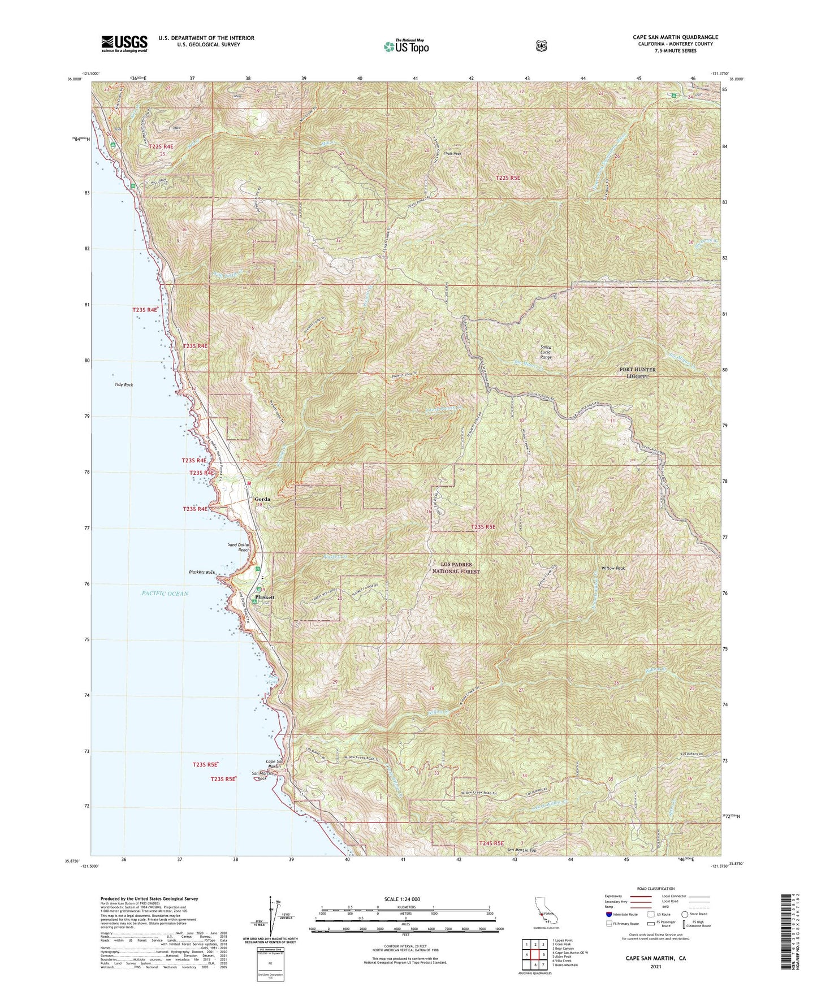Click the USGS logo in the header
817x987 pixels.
click(x=124, y=44)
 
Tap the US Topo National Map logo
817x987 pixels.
click(x=406, y=46)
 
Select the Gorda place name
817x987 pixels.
click(x=262, y=499)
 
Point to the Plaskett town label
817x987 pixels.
click(x=265, y=597)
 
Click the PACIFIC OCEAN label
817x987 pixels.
click(x=165, y=594)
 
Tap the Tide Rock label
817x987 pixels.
click(x=124, y=384)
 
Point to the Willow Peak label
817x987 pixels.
click(x=613, y=568)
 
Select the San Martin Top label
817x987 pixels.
click(x=521, y=850)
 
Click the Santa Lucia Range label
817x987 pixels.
click(x=546, y=353)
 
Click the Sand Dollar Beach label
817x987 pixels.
click(x=239, y=547)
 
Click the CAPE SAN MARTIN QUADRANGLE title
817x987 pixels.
click(x=675, y=37)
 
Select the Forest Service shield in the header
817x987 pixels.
click(x=541, y=46)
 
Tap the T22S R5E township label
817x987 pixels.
click(x=508, y=178)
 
